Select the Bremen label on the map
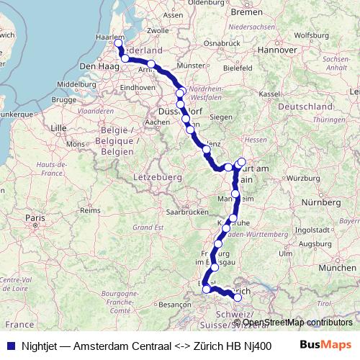click(x=247, y=12)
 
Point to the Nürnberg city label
click(x=320, y=202)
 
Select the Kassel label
click(x=269, y=94)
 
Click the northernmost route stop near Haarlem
click(x=119, y=44)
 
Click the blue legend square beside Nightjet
click(x=9, y=346)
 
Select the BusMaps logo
click(x=325, y=345)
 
